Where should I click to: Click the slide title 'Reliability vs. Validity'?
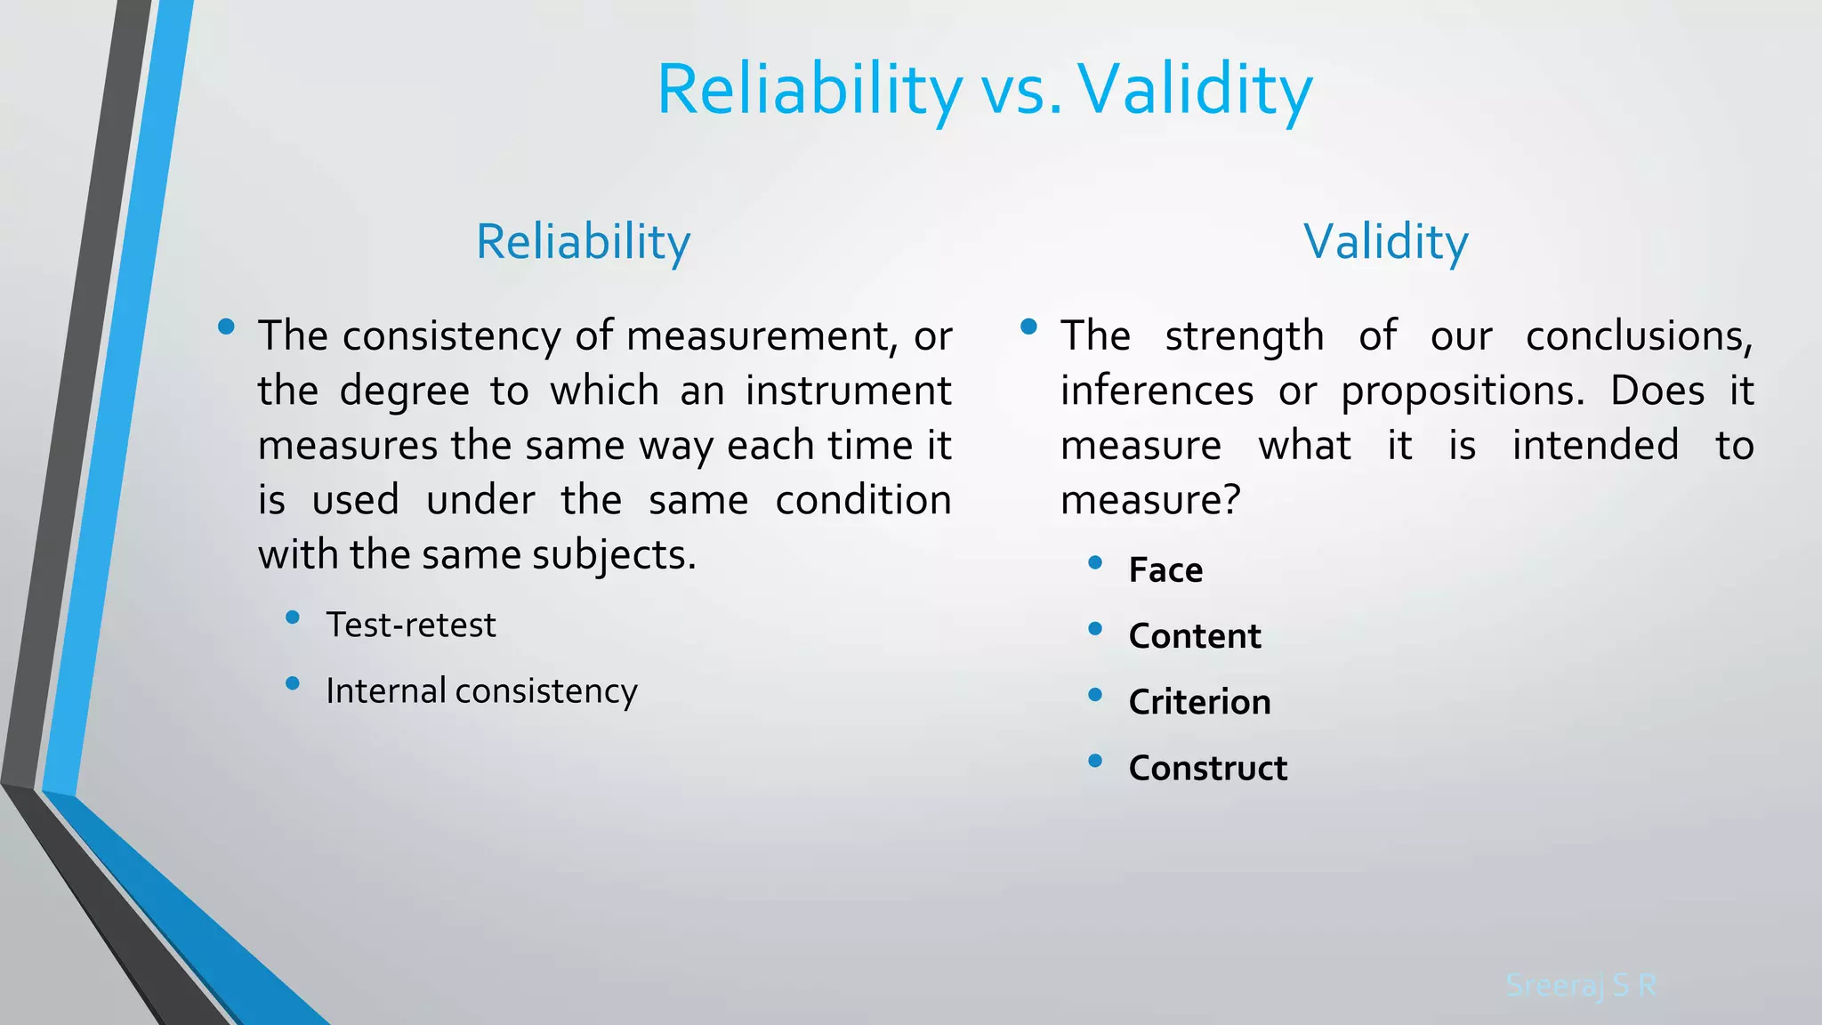point(985,92)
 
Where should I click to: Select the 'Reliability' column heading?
point(584,243)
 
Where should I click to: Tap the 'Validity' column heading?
point(1386,243)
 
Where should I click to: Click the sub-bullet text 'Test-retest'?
point(411,625)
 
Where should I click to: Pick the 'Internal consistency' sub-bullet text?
point(482,691)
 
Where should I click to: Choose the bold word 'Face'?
point(1165,569)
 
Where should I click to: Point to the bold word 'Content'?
point(1195,636)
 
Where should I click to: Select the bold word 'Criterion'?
point(1200,702)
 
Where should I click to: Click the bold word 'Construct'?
point(1208,768)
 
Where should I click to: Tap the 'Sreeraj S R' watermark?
point(1581,985)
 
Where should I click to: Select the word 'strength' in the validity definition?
point(1245,337)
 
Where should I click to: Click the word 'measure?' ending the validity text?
point(1150,500)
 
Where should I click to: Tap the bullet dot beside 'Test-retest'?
point(293,617)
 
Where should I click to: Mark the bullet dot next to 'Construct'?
point(1095,760)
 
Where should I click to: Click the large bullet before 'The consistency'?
point(226,327)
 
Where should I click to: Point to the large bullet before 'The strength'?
point(1029,327)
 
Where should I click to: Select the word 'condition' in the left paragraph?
point(863,500)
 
